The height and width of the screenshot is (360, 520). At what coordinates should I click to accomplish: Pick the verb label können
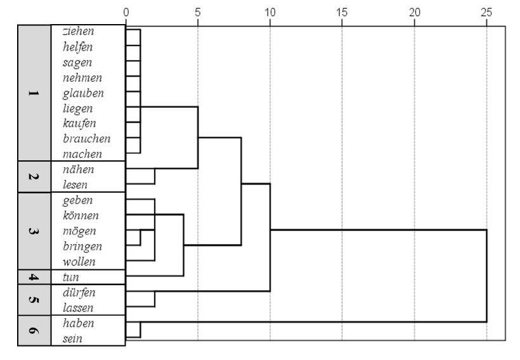80,215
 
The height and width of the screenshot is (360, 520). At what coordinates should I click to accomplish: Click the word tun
70,277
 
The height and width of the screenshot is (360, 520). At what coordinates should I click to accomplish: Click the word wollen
79,262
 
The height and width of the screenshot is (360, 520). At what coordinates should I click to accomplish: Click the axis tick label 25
486,12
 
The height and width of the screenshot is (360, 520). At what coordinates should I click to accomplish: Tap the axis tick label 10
270,12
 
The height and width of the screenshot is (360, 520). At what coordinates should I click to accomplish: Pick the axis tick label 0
126,12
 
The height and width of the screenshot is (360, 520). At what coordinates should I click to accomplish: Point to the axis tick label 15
342,12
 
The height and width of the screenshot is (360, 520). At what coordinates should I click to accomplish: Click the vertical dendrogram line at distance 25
486,276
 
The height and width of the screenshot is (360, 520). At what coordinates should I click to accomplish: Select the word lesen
75,185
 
